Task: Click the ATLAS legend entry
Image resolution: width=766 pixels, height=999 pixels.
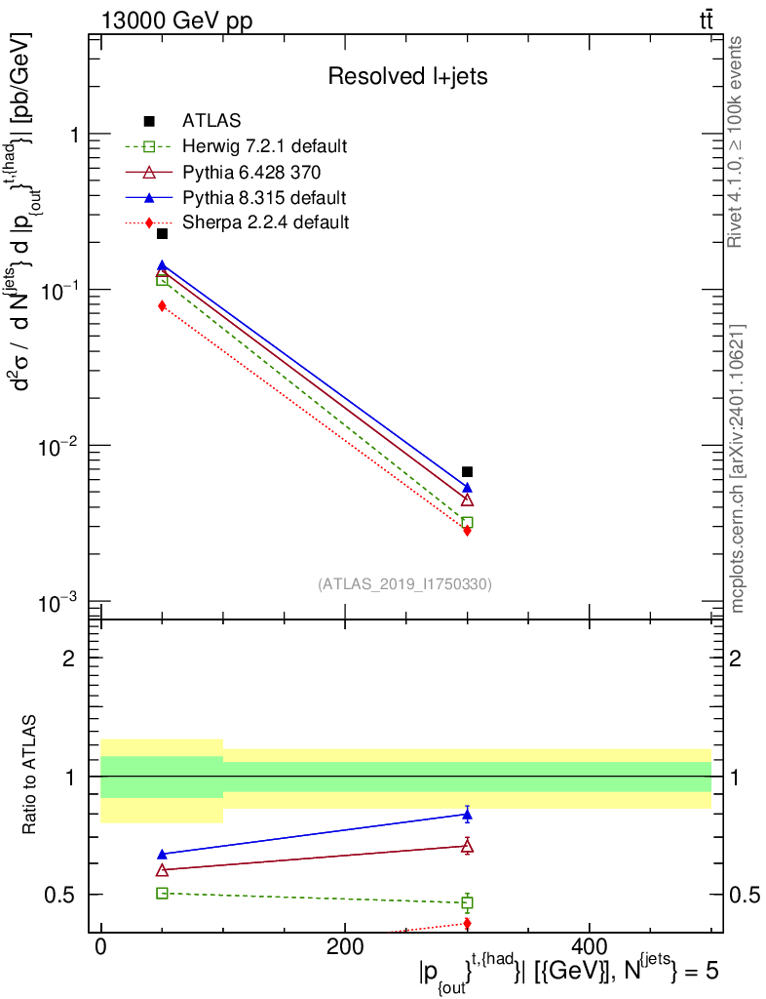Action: coord(211,121)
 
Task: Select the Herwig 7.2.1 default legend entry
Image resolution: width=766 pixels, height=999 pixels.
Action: coord(264,146)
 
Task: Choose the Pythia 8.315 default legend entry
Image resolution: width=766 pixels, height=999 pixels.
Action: coord(264,197)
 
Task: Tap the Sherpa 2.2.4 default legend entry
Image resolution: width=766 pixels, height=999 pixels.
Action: coord(265,222)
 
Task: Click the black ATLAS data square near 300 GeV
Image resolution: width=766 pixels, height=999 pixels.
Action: coord(467,472)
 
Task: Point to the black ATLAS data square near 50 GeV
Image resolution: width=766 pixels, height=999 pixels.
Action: coord(162,233)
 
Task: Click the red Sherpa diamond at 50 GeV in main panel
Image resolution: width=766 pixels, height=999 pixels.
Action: coord(162,306)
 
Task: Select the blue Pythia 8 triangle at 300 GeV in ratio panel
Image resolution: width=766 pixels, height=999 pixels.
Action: coord(467,815)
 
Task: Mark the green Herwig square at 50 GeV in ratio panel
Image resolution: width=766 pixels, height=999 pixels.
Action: coord(162,893)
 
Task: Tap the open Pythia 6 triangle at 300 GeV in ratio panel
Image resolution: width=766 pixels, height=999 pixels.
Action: coord(467,846)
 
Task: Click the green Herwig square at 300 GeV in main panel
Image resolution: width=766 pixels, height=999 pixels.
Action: coord(467,523)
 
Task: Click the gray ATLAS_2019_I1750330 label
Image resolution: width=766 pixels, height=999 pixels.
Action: coord(404,584)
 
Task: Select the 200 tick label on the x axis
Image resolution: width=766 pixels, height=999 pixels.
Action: coord(344,947)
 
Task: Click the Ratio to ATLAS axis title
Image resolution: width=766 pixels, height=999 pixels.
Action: coord(32,777)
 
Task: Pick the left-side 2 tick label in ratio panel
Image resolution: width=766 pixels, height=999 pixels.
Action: coord(69,658)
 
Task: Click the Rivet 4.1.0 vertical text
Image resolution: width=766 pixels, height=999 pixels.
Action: coord(737,141)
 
